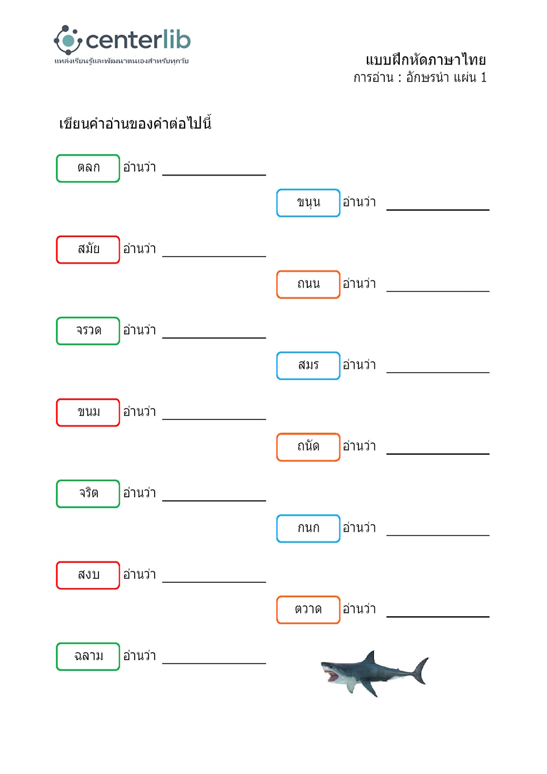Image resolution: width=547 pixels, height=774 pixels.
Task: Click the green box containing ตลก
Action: point(88,168)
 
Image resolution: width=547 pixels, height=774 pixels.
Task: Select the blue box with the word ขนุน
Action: point(308,203)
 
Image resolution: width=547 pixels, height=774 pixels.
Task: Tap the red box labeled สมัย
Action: point(88,250)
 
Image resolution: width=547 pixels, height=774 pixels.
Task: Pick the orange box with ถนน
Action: point(308,284)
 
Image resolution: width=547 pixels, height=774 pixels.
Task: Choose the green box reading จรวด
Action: point(88,331)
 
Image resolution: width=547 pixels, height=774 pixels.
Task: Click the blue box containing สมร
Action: point(308,365)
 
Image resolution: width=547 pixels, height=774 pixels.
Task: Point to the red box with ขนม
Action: point(88,412)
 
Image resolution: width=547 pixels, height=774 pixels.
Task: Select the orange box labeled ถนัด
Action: point(308,447)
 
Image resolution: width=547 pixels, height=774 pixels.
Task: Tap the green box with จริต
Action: point(88,494)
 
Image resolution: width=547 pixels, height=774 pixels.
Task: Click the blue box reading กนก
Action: point(308,528)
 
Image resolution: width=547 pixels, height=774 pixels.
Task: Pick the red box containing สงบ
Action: point(88,575)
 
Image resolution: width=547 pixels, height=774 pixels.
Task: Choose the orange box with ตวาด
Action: point(308,610)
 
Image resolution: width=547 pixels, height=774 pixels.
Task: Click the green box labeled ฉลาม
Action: point(88,657)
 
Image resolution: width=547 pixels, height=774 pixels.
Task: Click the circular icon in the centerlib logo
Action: point(68,40)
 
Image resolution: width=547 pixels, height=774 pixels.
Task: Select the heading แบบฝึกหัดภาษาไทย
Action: point(426,60)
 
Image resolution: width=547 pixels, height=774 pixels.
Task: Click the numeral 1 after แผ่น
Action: point(484,77)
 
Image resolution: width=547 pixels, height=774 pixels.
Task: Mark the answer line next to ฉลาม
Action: point(214,664)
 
